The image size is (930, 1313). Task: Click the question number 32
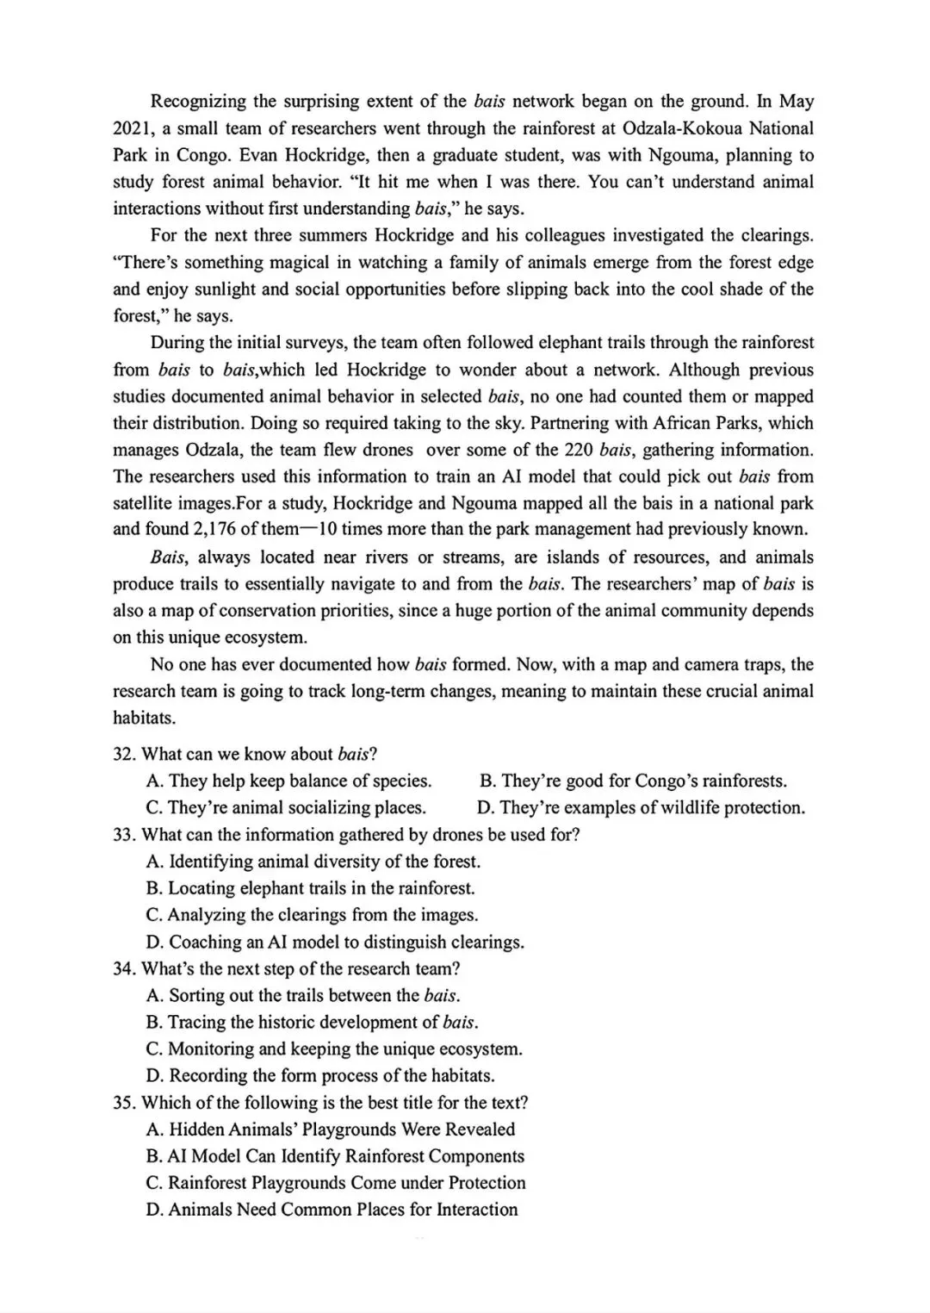coord(124,755)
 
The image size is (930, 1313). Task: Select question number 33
coord(124,835)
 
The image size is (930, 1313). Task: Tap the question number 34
coord(124,968)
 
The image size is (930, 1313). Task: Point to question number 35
coord(124,1103)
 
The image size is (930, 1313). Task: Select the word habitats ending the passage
coord(144,718)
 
